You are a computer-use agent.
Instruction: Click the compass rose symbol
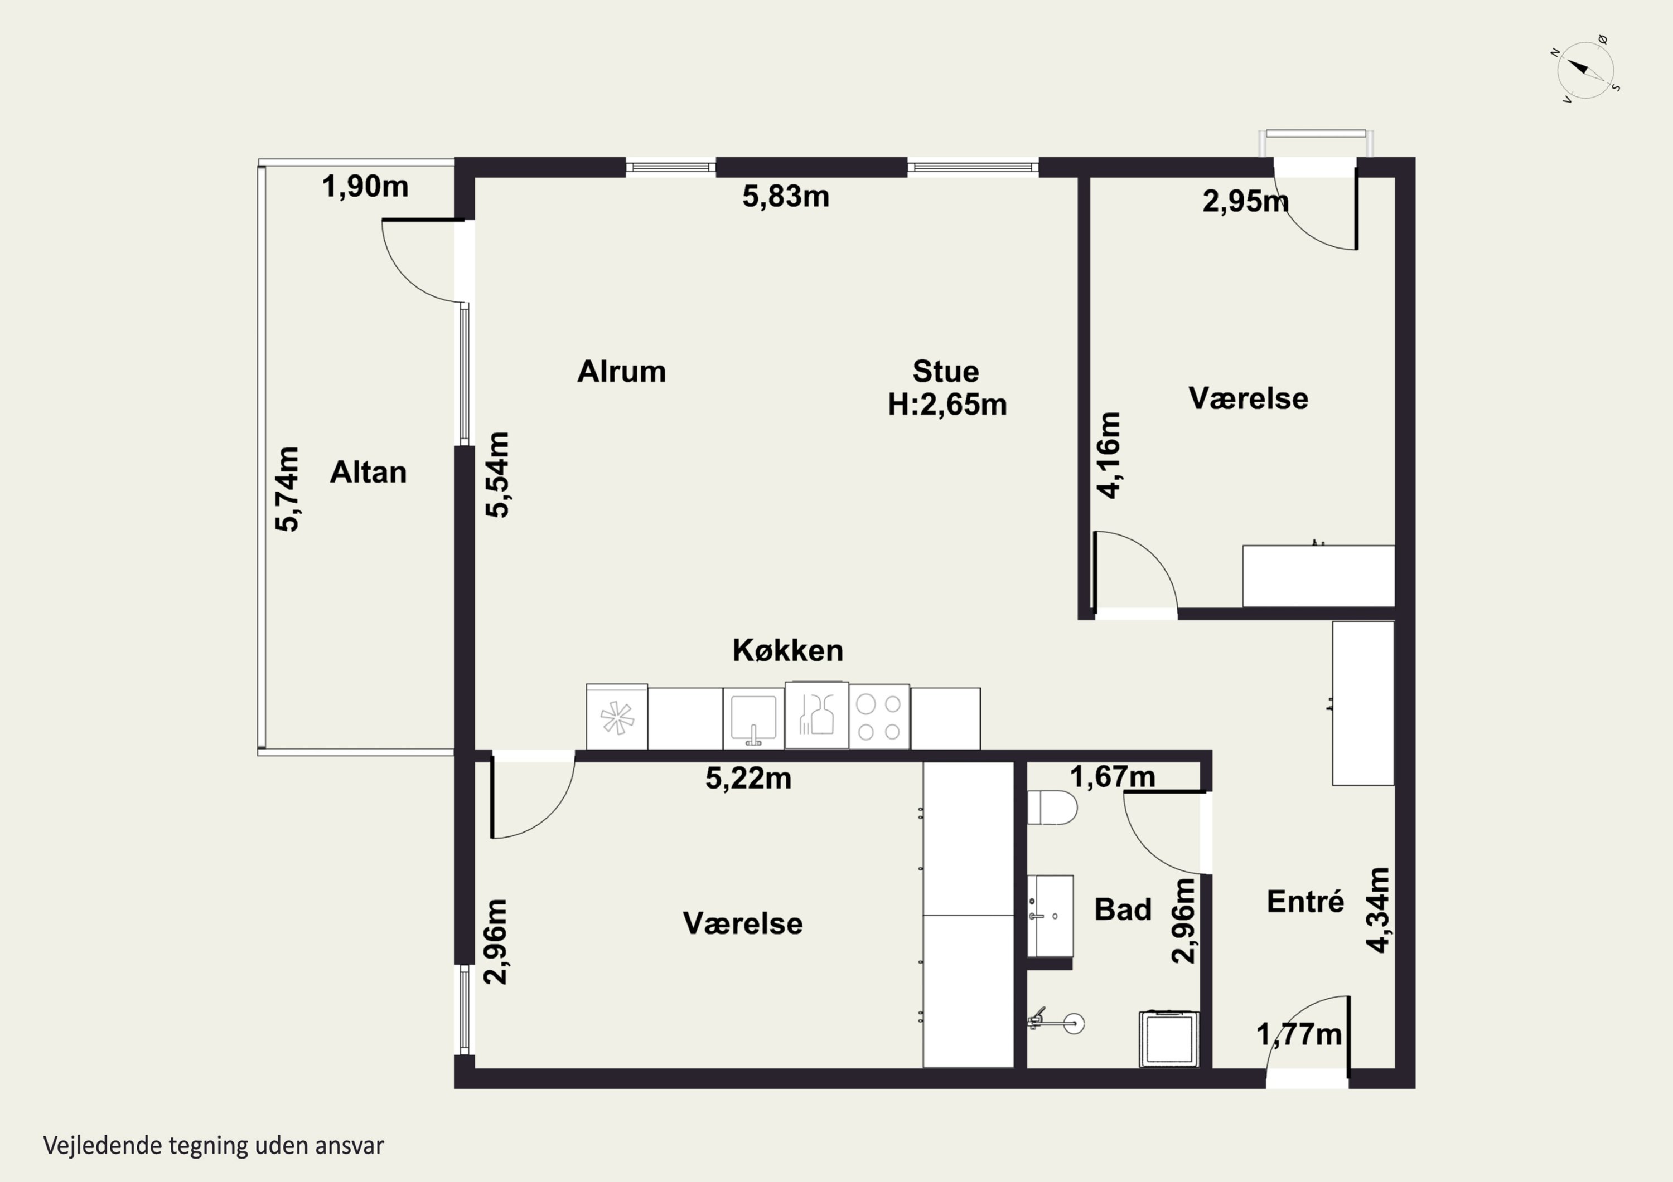click(1585, 70)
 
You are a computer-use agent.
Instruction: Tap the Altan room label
click(368, 473)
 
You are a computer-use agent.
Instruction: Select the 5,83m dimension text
click(786, 197)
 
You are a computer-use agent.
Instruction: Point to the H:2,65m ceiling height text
click(946, 404)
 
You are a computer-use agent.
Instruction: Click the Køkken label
click(787, 650)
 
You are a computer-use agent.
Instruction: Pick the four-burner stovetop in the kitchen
click(879, 717)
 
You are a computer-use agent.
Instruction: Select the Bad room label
click(1123, 909)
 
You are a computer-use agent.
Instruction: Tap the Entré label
click(1305, 902)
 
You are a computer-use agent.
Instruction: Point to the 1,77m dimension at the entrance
click(1299, 1034)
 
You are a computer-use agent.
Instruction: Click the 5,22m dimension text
click(748, 779)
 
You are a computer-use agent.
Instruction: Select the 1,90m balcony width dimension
click(365, 187)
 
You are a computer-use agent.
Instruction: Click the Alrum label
click(622, 371)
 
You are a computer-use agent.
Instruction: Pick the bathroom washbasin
click(1050, 916)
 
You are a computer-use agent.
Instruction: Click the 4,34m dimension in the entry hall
click(1378, 911)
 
